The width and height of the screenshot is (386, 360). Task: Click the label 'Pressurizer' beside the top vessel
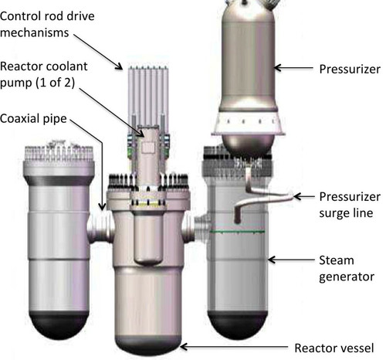click(x=350, y=70)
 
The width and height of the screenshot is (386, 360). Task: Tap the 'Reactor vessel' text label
click(x=334, y=348)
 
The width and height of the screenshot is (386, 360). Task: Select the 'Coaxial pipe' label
click(x=33, y=119)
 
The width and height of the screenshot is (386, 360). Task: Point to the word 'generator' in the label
click(x=347, y=277)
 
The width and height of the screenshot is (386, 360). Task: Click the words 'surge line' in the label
click(x=346, y=213)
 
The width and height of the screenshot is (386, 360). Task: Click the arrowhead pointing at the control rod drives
click(x=119, y=66)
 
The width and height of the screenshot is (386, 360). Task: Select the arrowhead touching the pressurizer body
click(x=278, y=68)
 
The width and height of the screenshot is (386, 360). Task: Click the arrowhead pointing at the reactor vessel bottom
click(x=185, y=347)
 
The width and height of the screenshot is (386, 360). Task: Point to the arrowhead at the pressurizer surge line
click(x=298, y=196)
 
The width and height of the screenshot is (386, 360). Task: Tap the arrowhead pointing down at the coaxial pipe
click(x=102, y=206)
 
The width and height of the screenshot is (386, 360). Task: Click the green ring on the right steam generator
click(x=237, y=232)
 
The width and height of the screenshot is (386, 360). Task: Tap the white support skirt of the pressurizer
click(x=249, y=123)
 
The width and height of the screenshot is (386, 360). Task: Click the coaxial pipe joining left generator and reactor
click(x=100, y=226)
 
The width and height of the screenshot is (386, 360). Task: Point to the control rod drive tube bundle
click(x=148, y=95)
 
